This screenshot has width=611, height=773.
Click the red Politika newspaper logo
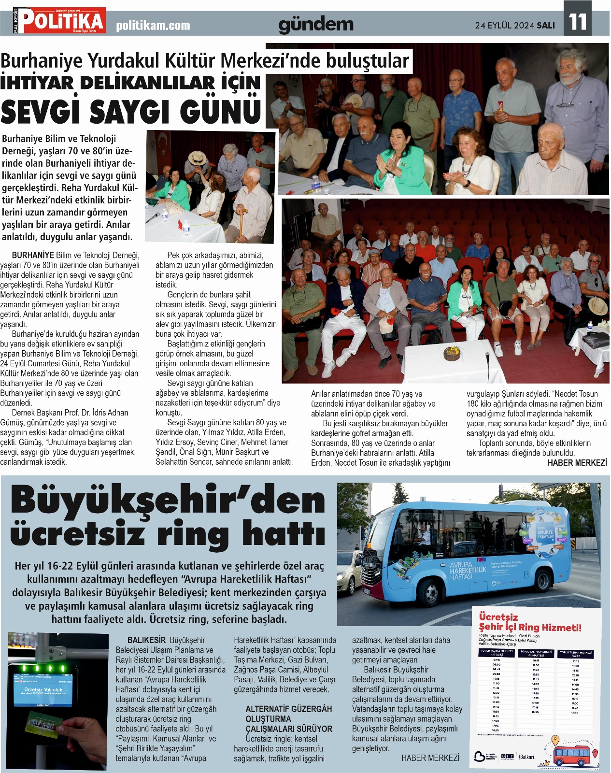pyautogui.click(x=59, y=21)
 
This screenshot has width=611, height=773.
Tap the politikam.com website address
pyautogui.click(x=153, y=26)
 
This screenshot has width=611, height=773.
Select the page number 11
pyautogui.click(x=577, y=22)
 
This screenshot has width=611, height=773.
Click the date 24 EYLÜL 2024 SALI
pyautogui.click(x=515, y=25)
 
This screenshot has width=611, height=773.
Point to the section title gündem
pyautogui.click(x=315, y=25)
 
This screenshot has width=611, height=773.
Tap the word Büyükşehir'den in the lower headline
pyautogui.click(x=168, y=501)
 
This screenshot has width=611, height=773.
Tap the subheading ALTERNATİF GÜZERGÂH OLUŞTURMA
pyautogui.click(x=288, y=714)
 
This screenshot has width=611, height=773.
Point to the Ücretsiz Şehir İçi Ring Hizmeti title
pyautogui.click(x=529, y=622)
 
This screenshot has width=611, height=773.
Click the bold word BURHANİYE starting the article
pyautogui.click(x=33, y=255)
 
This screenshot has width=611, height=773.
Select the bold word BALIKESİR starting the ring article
pyautogui.click(x=146, y=640)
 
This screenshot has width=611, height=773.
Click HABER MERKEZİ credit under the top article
pyautogui.click(x=577, y=463)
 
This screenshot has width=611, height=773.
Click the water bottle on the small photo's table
pyautogui.click(x=186, y=227)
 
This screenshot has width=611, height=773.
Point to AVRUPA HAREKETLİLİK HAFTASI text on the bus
pyautogui.click(x=468, y=571)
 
